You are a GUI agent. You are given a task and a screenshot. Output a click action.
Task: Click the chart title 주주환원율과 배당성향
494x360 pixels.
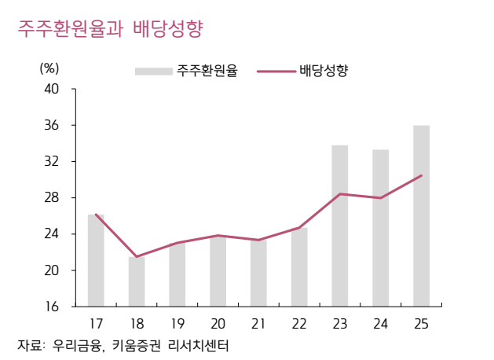111,30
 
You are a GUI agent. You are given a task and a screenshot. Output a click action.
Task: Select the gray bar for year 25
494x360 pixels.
421,215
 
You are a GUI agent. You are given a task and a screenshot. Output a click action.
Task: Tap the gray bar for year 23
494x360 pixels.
339,226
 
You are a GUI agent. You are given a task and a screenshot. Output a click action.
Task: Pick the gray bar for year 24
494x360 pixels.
380,228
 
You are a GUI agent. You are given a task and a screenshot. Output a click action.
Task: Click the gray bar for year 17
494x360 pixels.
96,260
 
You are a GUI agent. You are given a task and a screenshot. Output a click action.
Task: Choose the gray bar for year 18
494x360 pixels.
137,281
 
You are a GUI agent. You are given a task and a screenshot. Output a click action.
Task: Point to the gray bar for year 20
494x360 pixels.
218,271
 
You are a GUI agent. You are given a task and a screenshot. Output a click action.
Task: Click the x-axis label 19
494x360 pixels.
177,323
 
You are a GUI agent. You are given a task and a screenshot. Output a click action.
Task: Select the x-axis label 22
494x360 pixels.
299,323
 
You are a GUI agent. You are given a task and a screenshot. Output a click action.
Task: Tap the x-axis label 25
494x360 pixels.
421,323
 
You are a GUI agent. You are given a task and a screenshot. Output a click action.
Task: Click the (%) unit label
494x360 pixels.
49,68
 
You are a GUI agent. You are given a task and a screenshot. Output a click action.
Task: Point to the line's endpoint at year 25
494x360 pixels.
422,175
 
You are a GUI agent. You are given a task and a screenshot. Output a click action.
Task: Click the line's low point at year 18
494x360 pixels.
137,256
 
